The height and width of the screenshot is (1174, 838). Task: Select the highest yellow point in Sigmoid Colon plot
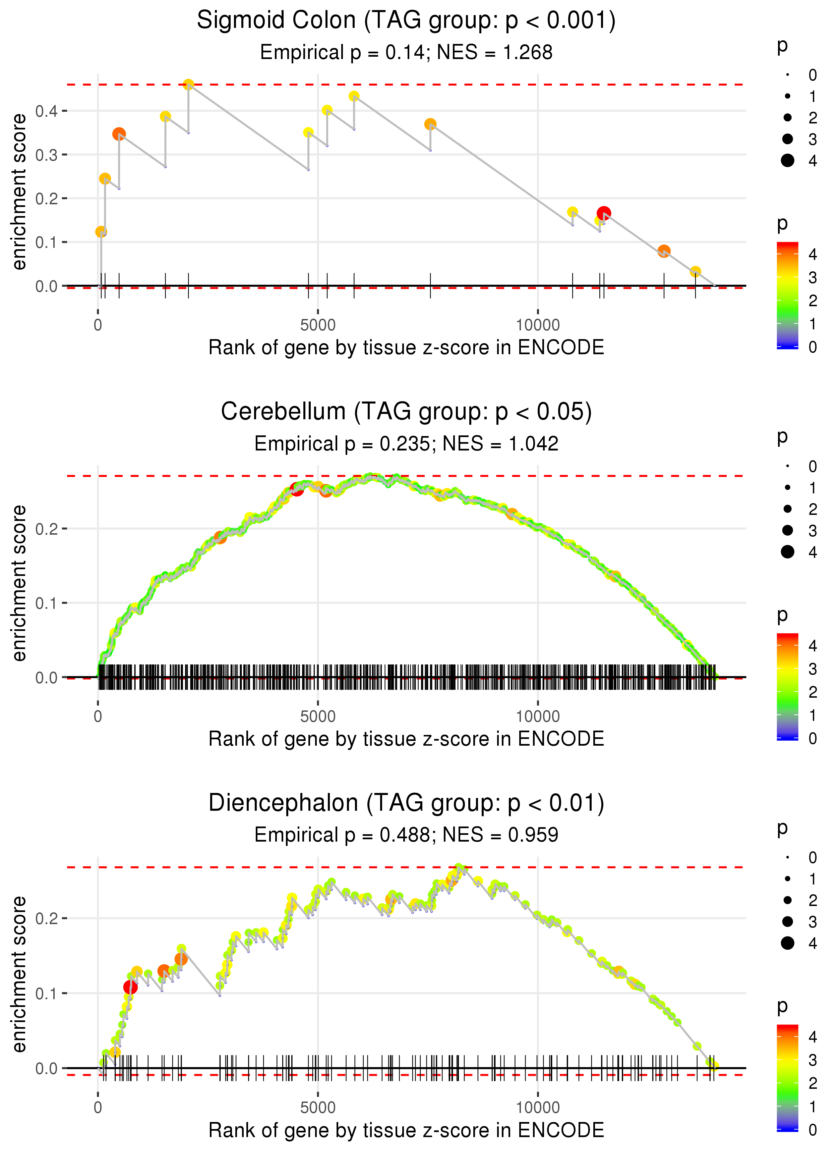[x=188, y=84]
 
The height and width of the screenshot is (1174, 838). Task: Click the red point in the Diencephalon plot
[x=130, y=987]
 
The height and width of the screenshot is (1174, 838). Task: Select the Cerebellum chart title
[x=406, y=412]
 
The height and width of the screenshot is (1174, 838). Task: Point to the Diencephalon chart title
[x=406, y=803]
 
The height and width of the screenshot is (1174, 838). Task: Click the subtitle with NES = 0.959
[x=406, y=835]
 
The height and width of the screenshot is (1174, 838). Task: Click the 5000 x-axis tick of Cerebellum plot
[x=318, y=716]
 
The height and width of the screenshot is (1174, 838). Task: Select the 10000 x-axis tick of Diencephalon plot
[x=538, y=1107]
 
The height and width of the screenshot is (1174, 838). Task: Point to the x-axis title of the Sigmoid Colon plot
[x=406, y=348]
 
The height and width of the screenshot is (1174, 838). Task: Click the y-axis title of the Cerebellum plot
[x=19, y=583]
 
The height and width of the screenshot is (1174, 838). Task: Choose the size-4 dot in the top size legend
[x=787, y=161]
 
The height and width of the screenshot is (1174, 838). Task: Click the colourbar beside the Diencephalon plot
[x=787, y=1077]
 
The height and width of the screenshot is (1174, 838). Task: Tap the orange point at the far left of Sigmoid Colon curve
[x=101, y=232]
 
